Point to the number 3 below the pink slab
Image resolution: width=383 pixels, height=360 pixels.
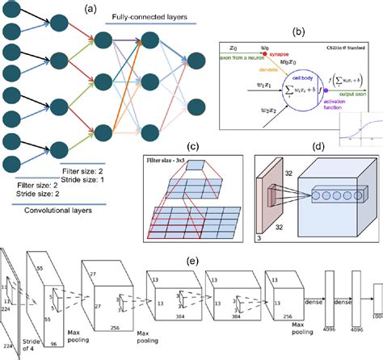coord(259,238)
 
